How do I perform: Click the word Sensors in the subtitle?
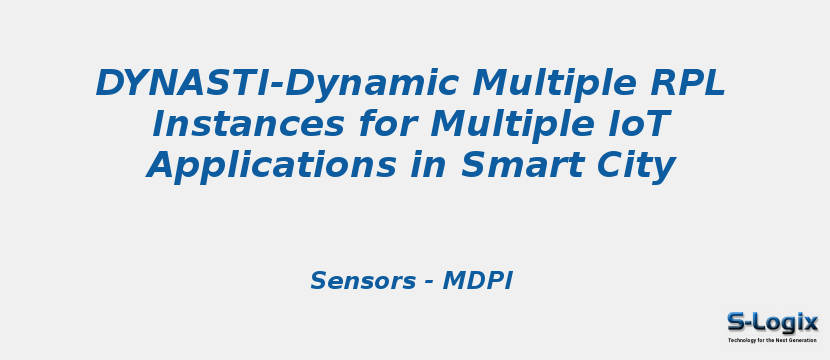[x=361, y=281]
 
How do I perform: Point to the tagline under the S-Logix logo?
[x=772, y=341]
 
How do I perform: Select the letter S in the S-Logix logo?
[x=737, y=322]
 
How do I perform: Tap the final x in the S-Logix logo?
[x=809, y=322]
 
